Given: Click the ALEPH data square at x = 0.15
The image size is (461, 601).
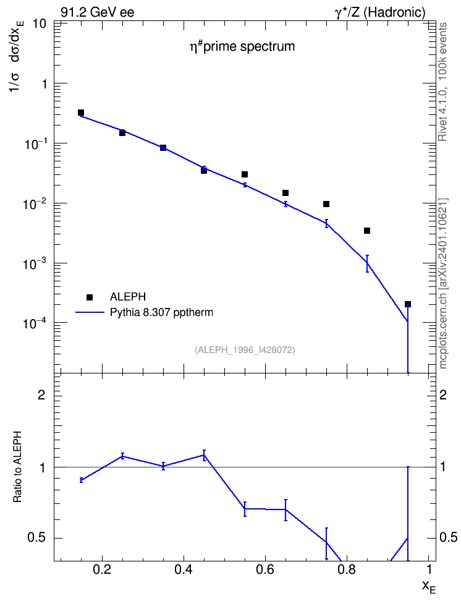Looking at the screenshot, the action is click(81, 113).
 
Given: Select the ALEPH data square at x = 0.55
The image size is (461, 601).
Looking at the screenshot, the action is click(245, 174).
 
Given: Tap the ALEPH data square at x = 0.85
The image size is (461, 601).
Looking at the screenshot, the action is click(367, 231).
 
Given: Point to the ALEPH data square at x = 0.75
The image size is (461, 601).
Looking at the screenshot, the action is click(326, 204).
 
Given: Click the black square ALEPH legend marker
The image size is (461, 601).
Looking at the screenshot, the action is click(90, 297).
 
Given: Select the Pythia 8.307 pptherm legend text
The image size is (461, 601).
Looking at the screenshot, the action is click(161, 312).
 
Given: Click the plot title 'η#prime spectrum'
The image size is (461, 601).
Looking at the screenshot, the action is click(243, 46).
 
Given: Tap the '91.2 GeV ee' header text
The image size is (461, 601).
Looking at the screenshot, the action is click(98, 12).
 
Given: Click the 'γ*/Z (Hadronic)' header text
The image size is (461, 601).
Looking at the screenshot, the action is click(380, 12).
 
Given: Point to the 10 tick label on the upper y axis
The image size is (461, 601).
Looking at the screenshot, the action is click(40, 23).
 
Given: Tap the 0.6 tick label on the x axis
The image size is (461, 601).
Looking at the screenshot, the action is click(265, 569).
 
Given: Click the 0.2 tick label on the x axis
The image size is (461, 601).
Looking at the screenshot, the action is click(102, 569).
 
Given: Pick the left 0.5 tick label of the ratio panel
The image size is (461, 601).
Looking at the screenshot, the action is click(36, 538).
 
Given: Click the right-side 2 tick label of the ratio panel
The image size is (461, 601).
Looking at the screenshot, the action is click(443, 394).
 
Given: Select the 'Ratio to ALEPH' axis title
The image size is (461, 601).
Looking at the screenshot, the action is click(17, 467).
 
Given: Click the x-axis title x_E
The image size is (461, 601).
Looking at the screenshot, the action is click(429, 587).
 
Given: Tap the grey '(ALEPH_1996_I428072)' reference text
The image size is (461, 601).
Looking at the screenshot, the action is click(245, 350).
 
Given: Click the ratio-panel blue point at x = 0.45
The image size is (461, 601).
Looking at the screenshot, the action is click(204, 455).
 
